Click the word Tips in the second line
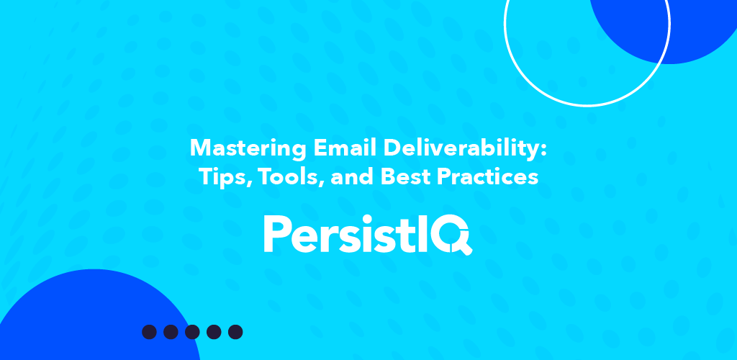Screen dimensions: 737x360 point(217,178)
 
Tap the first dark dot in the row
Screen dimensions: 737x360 point(149,332)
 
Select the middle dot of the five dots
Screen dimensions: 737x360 point(192,332)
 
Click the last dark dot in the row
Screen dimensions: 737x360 point(235,332)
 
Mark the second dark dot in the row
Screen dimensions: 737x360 point(171,332)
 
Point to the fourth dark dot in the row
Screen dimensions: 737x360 point(214,332)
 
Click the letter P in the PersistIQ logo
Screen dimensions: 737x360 point(276,233)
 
